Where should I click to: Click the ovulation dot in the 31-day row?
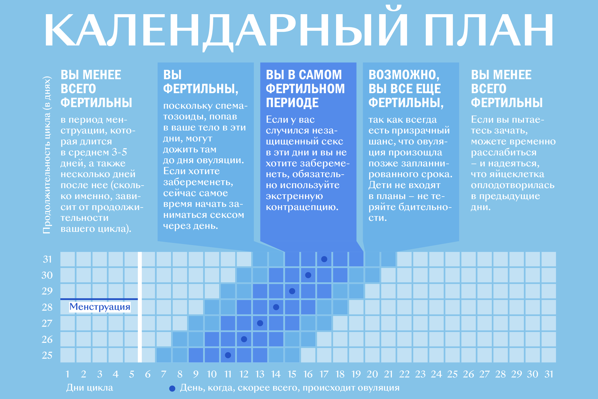tap(324, 259)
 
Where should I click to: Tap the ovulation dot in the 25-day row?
tap(228, 355)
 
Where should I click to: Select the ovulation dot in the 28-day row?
tap(276, 307)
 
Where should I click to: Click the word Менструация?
tap(100, 307)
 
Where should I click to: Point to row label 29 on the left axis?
tap(47, 291)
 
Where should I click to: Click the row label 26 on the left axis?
tap(47, 339)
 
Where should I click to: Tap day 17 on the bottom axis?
tap(324, 374)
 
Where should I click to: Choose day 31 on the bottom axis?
tap(549, 374)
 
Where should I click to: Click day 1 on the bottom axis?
tap(68, 374)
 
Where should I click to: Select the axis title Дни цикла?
tap(90, 388)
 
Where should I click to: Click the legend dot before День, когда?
tap(172, 389)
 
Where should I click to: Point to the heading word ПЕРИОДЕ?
tap(292, 102)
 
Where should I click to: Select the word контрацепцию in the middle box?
tap(302, 207)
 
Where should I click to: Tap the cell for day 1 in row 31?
tap(68, 259)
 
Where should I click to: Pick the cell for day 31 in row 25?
tap(549, 355)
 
